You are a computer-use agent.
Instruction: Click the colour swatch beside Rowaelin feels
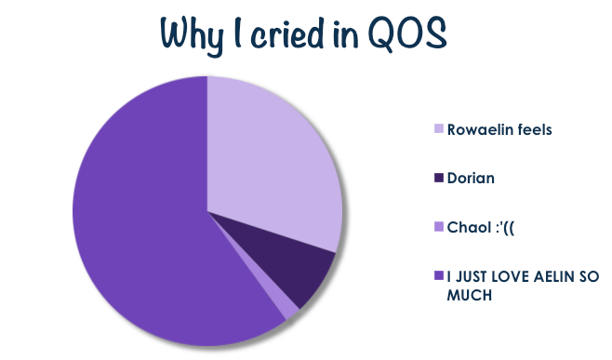point(439,128)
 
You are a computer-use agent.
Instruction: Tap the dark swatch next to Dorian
point(439,178)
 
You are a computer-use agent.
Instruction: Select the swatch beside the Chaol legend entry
point(439,226)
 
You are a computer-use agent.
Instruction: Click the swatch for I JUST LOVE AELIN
point(439,275)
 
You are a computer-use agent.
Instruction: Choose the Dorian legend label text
point(471,178)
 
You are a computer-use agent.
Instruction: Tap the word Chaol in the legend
point(469,227)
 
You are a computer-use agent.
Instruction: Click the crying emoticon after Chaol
point(504,227)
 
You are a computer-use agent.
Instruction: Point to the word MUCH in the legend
point(469,295)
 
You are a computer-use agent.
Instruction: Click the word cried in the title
point(287,34)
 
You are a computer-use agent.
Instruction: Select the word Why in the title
point(193,36)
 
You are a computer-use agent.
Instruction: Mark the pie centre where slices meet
point(207,211)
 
